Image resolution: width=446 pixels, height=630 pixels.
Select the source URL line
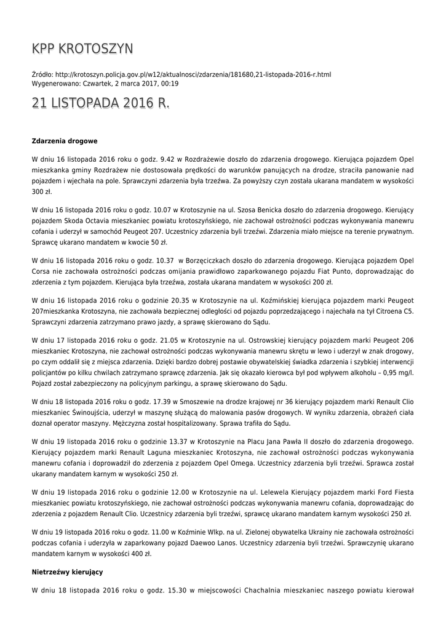click(x=181, y=74)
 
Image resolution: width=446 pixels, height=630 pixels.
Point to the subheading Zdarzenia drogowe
click(x=65, y=141)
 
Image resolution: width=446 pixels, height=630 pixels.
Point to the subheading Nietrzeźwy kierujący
click(x=67, y=572)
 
